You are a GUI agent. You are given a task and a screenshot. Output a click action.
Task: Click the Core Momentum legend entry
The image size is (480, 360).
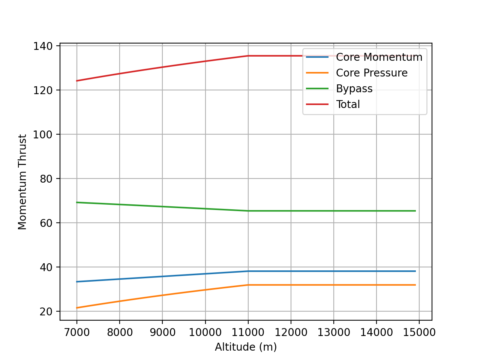(379, 57)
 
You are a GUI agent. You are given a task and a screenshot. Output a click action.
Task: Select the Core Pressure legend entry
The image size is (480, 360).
(371, 73)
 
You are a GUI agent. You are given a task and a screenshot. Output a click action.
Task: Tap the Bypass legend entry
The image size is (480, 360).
(354, 88)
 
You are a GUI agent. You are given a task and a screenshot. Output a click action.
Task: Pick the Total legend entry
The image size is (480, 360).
(348, 104)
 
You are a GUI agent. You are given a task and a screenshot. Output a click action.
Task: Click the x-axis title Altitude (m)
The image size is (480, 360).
(246, 347)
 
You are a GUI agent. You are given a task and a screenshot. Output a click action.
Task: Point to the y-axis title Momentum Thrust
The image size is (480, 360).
(22, 182)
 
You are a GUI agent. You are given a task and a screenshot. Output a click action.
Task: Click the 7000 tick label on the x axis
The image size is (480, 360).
(77, 332)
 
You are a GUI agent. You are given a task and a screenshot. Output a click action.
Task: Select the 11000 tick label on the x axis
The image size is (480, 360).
(248, 332)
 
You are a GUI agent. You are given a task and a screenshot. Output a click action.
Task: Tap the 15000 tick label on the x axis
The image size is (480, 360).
(419, 332)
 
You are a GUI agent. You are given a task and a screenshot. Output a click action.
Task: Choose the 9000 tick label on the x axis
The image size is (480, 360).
(162, 332)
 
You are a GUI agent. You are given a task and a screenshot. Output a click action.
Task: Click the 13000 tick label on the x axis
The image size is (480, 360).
(334, 332)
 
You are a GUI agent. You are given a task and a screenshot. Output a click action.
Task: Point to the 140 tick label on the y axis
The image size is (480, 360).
(42, 46)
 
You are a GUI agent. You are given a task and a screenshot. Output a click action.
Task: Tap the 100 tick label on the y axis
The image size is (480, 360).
(42, 135)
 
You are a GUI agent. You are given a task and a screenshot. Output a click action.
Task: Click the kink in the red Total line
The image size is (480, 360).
(248, 56)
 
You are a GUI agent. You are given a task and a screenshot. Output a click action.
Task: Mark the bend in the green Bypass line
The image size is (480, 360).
(248, 211)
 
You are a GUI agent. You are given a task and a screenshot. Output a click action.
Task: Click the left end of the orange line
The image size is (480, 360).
(77, 308)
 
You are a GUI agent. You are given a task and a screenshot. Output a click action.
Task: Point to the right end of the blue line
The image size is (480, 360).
(415, 271)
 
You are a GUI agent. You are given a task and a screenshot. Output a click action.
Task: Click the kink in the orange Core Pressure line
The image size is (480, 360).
(248, 285)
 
